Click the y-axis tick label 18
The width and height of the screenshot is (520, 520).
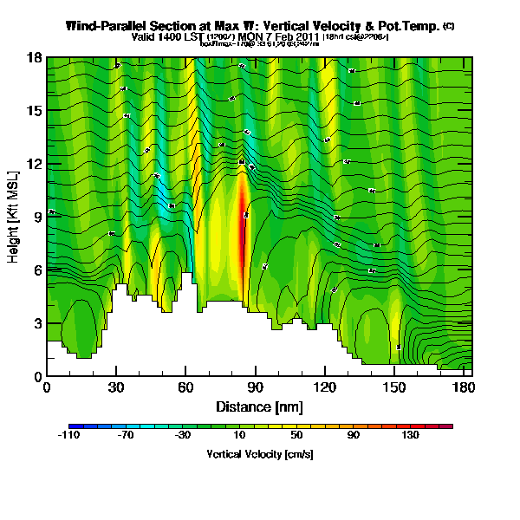[x=35, y=58]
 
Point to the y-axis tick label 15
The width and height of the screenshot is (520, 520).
[x=35, y=111]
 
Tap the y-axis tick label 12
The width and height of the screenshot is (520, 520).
[x=35, y=164]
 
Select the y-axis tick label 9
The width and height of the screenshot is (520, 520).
[x=37, y=218]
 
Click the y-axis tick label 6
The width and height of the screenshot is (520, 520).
[x=37, y=270]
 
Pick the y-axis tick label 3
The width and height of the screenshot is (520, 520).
[x=37, y=323]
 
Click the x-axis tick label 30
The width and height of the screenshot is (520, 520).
[x=116, y=387]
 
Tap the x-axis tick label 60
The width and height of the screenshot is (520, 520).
[x=185, y=387]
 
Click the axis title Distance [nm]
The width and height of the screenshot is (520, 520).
[x=260, y=406]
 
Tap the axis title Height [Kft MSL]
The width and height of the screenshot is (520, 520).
[x=15, y=217]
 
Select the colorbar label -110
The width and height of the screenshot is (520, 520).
[x=69, y=436]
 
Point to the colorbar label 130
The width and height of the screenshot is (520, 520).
[x=410, y=436]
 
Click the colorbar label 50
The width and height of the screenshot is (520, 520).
[x=296, y=436]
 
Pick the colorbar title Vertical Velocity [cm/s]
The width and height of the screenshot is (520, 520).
[x=260, y=454]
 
